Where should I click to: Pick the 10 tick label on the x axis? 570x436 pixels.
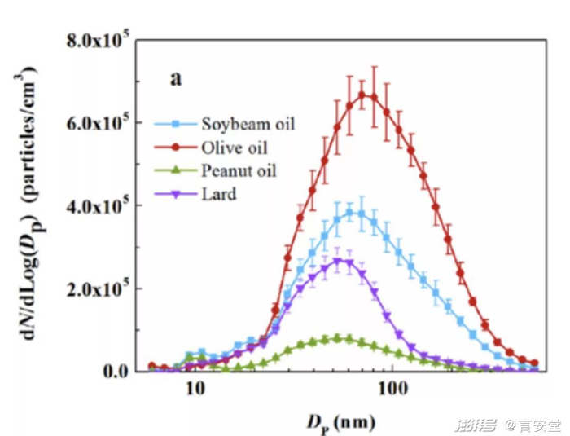[195, 390]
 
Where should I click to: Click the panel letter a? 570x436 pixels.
[175, 78]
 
